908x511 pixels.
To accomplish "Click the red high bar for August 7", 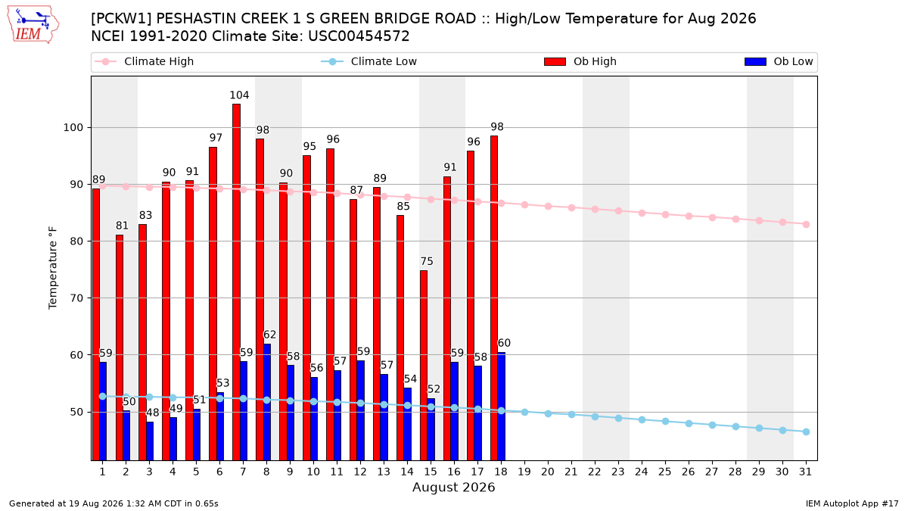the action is (236, 282).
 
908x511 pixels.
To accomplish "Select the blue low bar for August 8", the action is (267, 402).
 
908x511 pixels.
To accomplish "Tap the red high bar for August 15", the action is (424, 365).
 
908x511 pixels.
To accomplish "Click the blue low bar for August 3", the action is (150, 441).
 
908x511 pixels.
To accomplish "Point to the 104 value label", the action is (239, 95).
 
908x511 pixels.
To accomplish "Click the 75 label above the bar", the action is (427, 261).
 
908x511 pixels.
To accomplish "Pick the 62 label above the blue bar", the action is (269, 335).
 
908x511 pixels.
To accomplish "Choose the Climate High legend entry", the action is (144, 61).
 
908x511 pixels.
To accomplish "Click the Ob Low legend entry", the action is (779, 61).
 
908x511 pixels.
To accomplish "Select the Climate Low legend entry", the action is (368, 61).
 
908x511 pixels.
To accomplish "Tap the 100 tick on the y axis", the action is (73, 128).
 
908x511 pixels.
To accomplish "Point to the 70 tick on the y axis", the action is (76, 298).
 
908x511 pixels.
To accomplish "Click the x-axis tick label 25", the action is (665, 472).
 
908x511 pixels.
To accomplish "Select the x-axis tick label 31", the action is (805, 472).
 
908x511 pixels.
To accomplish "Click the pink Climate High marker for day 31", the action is (806, 224).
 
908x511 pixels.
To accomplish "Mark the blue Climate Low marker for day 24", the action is (642, 419).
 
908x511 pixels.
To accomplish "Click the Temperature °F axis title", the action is (53, 268).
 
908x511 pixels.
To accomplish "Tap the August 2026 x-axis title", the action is (453, 487).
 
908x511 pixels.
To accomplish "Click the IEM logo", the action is (33, 25).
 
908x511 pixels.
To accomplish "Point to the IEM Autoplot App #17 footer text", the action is (852, 503).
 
